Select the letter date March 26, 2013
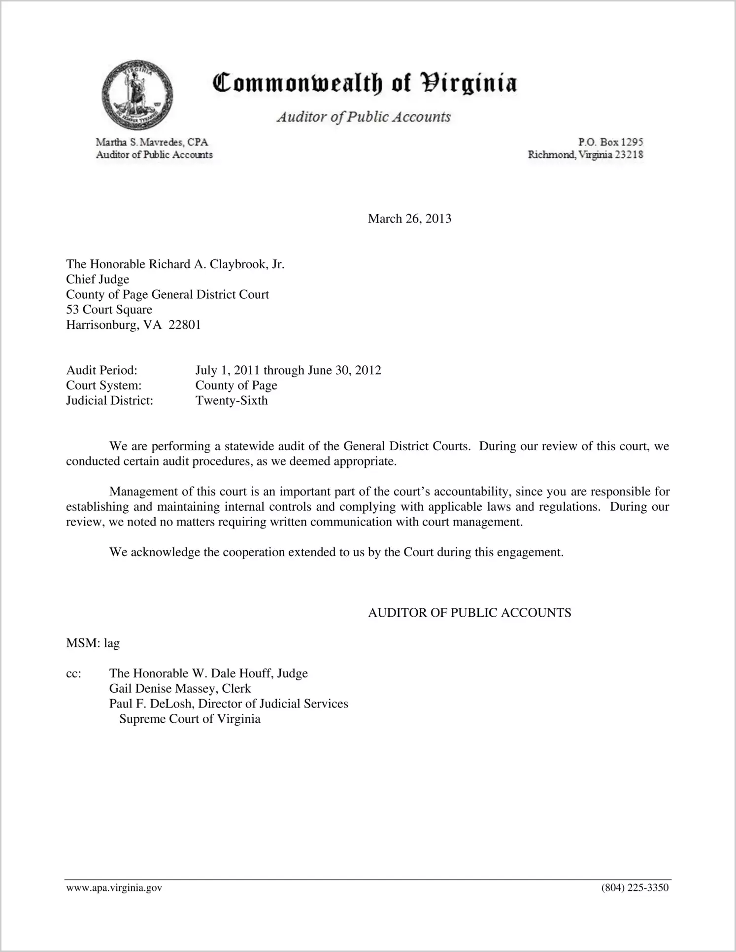409,219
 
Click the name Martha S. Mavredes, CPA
152,142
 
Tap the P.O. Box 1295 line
610,142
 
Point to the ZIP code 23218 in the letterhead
629,155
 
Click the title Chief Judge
98,280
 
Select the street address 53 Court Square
109,310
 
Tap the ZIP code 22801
185,325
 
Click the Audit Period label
101,370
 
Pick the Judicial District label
110,400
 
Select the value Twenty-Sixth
232,400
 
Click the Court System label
104,386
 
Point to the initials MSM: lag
93,643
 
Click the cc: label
73,674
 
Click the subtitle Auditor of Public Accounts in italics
364,117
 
